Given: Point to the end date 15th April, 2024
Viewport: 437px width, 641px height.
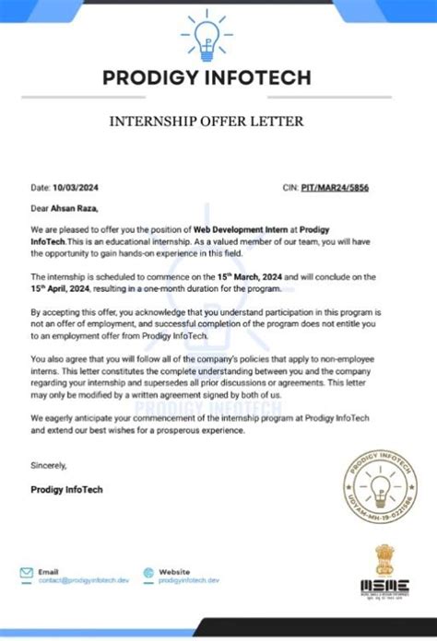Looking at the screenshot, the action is [x=61, y=287].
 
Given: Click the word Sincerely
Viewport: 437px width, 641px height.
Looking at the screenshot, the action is [x=48, y=465].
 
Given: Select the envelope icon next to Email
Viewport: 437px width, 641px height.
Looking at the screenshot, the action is [x=27, y=573].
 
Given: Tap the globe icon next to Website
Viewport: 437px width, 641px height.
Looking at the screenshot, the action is [x=144, y=573].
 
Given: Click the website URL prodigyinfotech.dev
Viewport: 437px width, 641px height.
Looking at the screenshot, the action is [x=189, y=581].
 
